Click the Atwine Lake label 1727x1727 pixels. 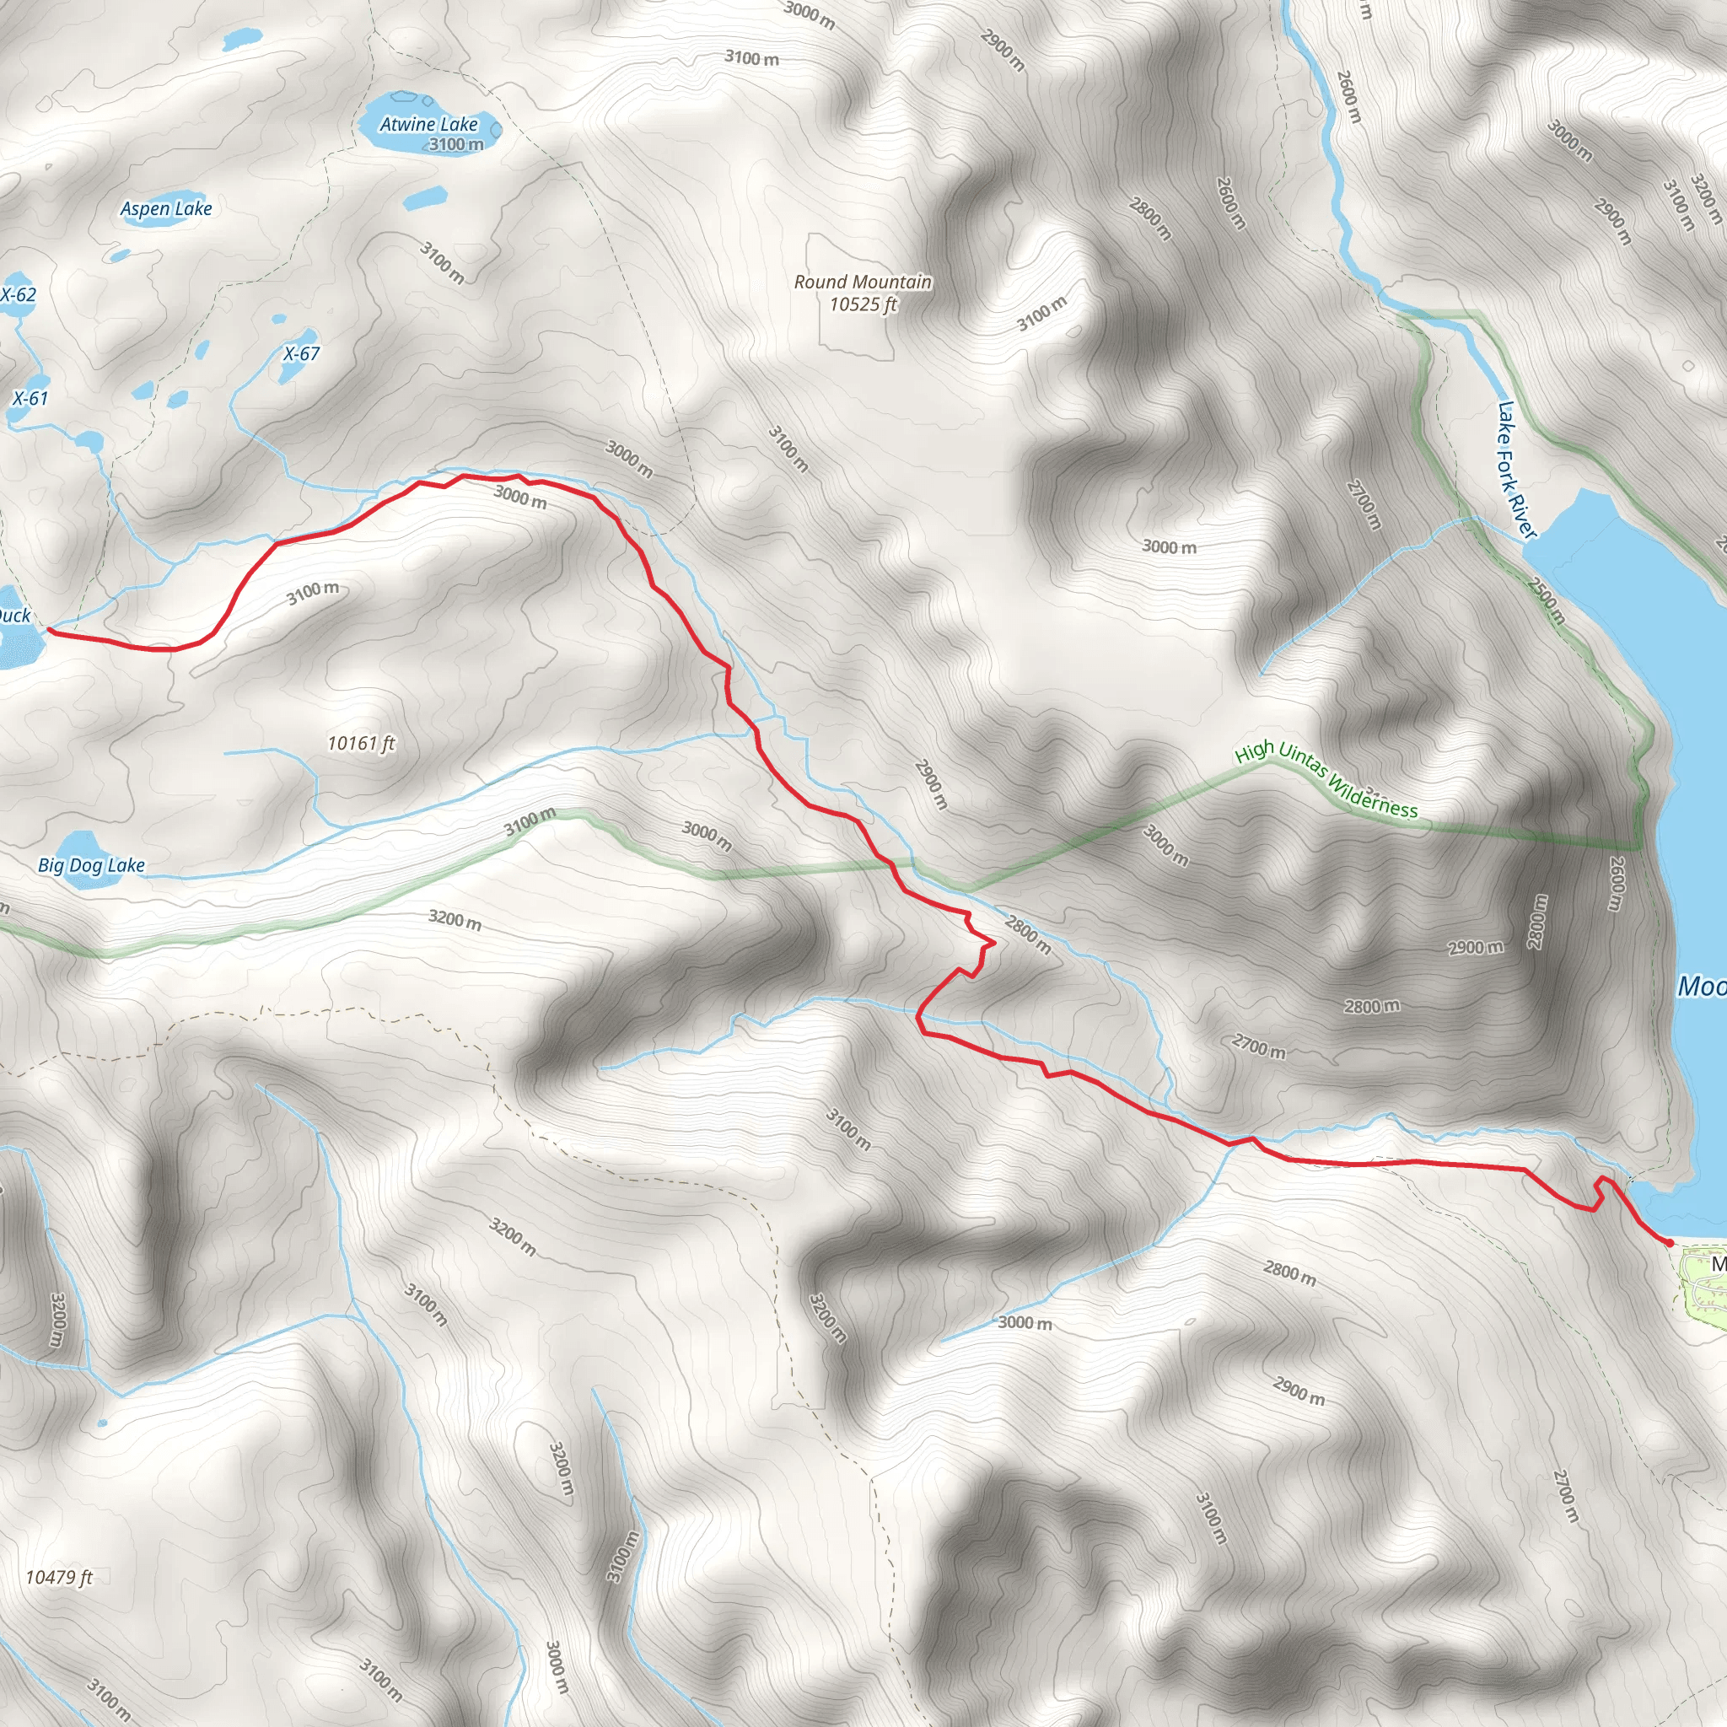tap(429, 124)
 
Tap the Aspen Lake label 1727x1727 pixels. tap(166, 209)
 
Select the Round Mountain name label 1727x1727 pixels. tap(863, 282)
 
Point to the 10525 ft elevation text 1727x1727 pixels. tap(863, 304)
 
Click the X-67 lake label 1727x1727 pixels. tap(301, 354)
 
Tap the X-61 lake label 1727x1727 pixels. tap(30, 399)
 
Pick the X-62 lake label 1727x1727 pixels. tap(18, 295)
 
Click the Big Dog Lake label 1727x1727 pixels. tap(91, 865)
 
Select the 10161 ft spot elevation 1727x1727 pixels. tap(361, 743)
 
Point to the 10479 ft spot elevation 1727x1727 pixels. tap(59, 1577)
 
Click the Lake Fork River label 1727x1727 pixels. tap(1516, 471)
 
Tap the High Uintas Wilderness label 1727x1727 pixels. tap(1326, 780)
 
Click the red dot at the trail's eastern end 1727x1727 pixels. tap(1669, 1242)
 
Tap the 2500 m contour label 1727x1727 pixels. tap(1547, 600)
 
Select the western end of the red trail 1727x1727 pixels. tap(48, 630)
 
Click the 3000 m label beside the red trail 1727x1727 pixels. tap(519, 496)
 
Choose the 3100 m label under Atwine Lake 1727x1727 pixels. tap(456, 144)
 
